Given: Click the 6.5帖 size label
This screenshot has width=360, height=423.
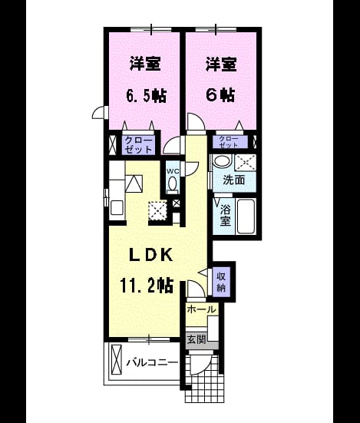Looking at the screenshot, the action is coord(146,95).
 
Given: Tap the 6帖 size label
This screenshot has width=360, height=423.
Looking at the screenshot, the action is coord(220,95).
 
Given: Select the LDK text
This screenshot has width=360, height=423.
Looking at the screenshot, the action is coord(151,255).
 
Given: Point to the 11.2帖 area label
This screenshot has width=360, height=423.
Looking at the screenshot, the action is coord(147,285).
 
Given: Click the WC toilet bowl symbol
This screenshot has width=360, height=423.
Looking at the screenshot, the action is coord(172,185).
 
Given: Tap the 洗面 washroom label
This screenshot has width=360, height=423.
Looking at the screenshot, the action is coord(234,180).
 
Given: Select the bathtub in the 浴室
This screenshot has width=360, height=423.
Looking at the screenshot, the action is coord(246,216).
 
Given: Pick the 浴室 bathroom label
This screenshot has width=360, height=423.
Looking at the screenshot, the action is coord(225,215).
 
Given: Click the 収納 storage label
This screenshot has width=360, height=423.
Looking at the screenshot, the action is coord(221,283).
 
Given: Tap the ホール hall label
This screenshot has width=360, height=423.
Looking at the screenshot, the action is coord(202,309).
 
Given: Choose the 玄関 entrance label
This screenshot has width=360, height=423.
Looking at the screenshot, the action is coord(197,339).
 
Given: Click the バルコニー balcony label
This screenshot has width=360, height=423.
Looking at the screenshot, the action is coord(153,362).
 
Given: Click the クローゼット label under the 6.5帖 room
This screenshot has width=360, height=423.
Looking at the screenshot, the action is coord(139,145).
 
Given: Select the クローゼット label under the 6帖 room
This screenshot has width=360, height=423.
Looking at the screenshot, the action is coord(229,142).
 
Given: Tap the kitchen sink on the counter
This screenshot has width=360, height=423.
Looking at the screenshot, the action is coord(117,207).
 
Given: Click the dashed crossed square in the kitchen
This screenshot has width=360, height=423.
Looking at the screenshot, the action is coord(158,210).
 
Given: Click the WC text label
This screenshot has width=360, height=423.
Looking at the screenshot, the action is coord(173,170).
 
